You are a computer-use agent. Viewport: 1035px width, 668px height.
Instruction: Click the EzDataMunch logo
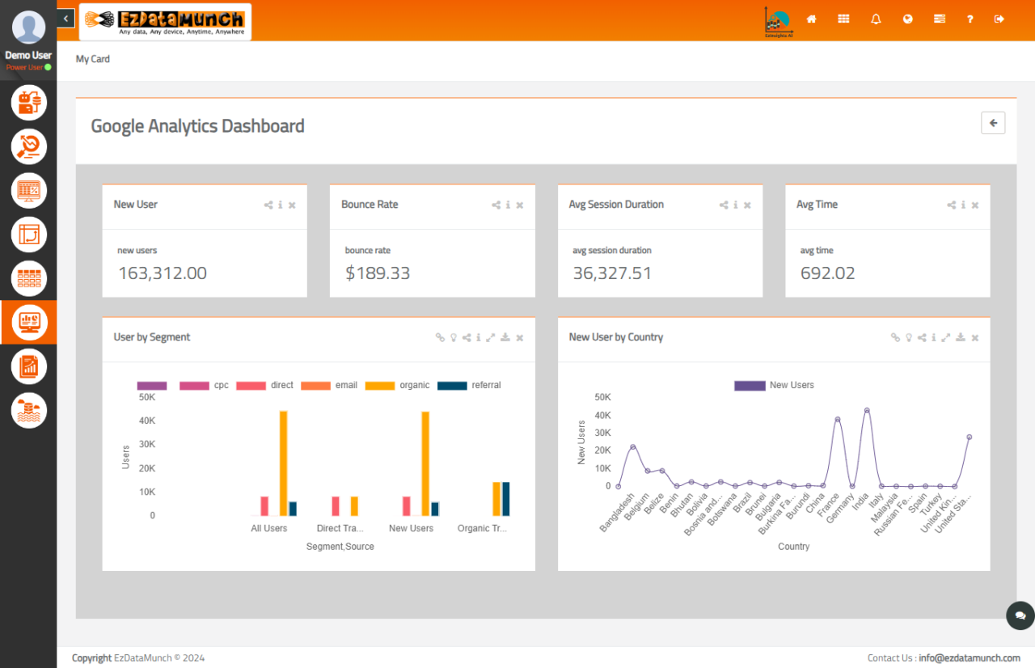pyautogui.click(x=165, y=22)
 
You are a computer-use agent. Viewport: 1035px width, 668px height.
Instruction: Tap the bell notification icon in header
pyautogui.click(x=876, y=19)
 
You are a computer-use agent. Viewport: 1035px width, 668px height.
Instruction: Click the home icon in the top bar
pyautogui.click(x=812, y=19)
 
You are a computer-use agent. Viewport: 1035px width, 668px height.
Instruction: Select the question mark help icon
pyautogui.click(x=970, y=19)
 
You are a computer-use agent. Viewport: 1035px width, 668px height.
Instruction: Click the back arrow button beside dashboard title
pyautogui.click(x=993, y=123)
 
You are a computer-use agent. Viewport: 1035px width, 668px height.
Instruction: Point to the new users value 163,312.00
pyautogui.click(x=163, y=273)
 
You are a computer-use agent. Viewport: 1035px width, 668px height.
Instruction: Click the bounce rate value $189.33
pyautogui.click(x=378, y=273)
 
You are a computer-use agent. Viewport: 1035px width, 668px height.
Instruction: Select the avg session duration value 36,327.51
pyautogui.click(x=612, y=273)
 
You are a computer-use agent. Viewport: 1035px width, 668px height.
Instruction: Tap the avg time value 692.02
pyautogui.click(x=827, y=273)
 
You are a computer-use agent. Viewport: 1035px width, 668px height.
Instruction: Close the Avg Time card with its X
pyautogui.click(x=975, y=205)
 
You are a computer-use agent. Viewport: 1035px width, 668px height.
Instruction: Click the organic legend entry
pyautogui.click(x=398, y=386)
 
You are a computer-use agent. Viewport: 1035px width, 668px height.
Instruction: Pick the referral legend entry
pyautogui.click(x=469, y=386)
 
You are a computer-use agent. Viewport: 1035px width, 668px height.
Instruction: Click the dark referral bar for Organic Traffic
pyautogui.click(x=506, y=498)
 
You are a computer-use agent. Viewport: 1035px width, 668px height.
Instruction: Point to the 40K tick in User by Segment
pyautogui.click(x=147, y=421)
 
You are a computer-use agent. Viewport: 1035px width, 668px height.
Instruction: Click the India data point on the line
pyautogui.click(x=867, y=410)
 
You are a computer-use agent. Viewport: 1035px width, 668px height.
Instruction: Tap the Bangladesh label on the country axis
pyautogui.click(x=618, y=511)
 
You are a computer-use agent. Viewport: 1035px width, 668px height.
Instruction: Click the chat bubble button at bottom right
pyautogui.click(x=1020, y=615)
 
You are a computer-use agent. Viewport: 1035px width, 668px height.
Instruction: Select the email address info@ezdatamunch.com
pyautogui.click(x=969, y=657)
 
